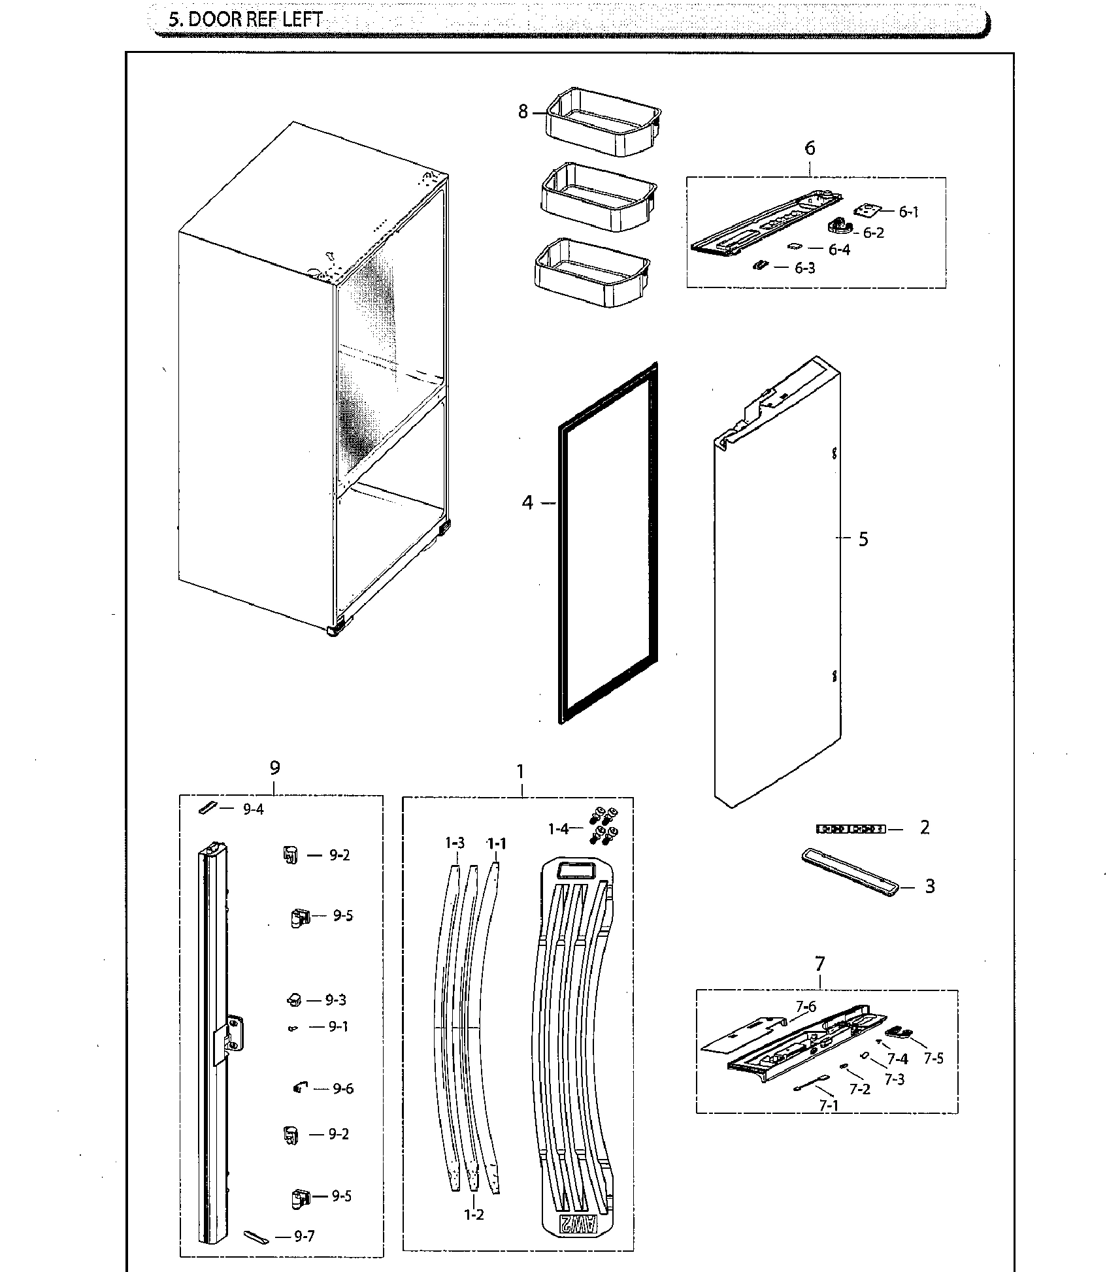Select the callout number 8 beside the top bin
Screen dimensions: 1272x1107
coord(523,112)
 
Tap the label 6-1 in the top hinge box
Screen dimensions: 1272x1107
coord(908,212)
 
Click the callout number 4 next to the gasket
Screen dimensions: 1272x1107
coord(527,503)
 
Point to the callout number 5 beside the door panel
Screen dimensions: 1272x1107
coord(863,539)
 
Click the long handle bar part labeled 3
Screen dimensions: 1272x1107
coord(850,873)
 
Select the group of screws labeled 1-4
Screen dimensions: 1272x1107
coord(605,825)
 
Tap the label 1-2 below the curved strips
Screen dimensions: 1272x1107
coord(474,1215)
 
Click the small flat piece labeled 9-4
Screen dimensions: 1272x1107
coord(207,808)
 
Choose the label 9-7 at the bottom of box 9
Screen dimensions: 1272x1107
coord(305,1237)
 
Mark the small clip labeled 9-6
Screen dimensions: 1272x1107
coord(299,1088)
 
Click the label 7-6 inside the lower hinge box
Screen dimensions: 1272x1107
coord(806,1007)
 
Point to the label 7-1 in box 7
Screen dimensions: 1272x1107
coord(829,1105)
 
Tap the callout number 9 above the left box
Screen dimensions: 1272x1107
coord(274,768)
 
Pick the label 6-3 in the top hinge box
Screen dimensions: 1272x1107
coord(804,268)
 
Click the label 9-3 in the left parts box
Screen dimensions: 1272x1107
coord(335,1000)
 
